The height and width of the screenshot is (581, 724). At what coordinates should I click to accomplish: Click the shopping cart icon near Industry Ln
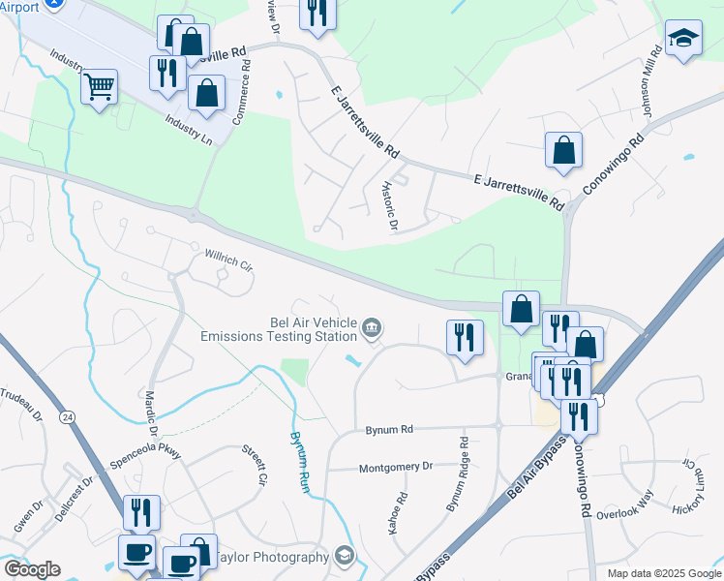coord(100,87)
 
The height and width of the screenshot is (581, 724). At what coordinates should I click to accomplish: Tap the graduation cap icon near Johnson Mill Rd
coord(683,39)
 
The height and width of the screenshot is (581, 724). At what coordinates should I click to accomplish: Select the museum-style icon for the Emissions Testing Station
coord(371,330)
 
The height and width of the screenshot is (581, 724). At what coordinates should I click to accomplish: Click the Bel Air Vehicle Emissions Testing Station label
coord(279,330)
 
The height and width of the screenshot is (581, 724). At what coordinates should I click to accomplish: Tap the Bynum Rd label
coord(389,429)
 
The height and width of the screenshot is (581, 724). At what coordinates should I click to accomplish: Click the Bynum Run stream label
coord(297,460)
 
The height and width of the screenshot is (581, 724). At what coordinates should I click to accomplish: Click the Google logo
coord(32,569)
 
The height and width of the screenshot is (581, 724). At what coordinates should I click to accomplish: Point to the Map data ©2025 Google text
coord(663,573)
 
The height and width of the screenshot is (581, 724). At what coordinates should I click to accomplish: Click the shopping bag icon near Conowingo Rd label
coord(563,151)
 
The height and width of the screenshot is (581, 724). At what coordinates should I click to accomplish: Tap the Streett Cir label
coord(254,465)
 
